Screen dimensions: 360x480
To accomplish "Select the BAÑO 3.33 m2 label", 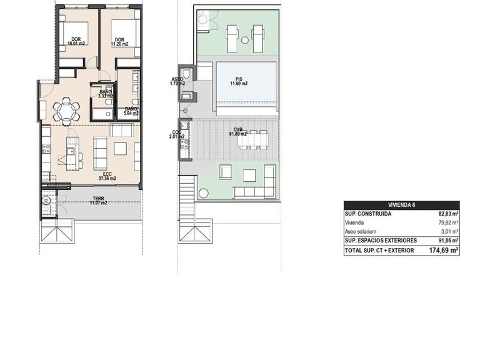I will [106, 94].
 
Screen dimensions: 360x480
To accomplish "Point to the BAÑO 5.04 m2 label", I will [131, 111].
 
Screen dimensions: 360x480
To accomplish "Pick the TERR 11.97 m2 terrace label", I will [98, 201].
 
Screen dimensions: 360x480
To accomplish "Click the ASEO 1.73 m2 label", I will [177, 81].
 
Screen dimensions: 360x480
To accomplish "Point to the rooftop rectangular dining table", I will [253, 141].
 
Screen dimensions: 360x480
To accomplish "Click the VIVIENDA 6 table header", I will [401, 205].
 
